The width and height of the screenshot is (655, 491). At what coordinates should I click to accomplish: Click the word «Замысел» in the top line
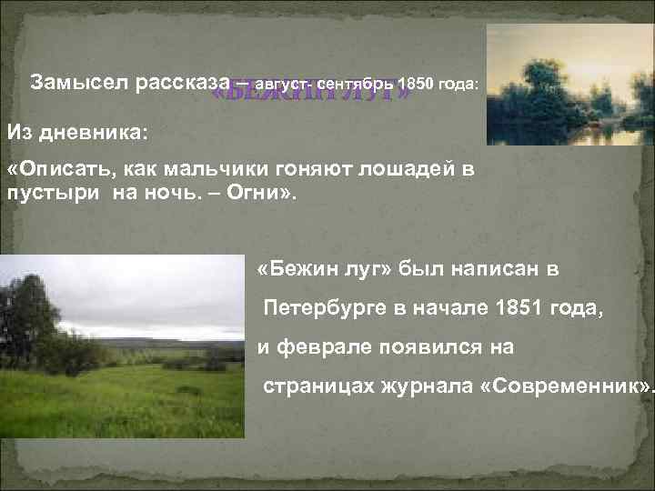(x=79, y=82)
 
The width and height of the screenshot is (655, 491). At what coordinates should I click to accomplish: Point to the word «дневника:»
(x=104, y=133)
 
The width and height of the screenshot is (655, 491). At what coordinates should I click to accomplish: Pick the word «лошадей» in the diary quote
(x=406, y=170)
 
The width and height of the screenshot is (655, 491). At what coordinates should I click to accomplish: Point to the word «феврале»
(x=321, y=347)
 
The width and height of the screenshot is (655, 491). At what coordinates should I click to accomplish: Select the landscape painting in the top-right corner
(x=569, y=84)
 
